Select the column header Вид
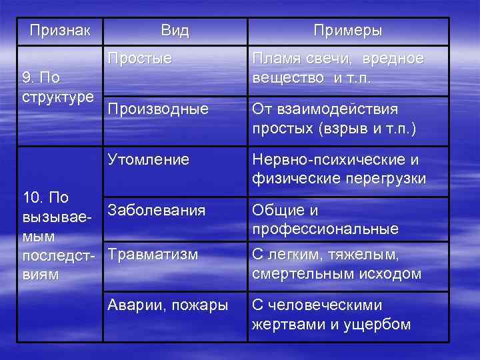175,31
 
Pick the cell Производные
157,109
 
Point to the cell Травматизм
153,254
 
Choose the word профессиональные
325,229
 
